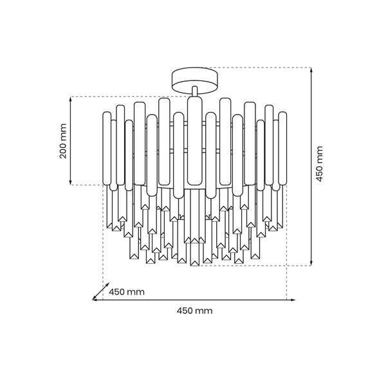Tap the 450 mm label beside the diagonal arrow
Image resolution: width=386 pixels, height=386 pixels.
127,291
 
